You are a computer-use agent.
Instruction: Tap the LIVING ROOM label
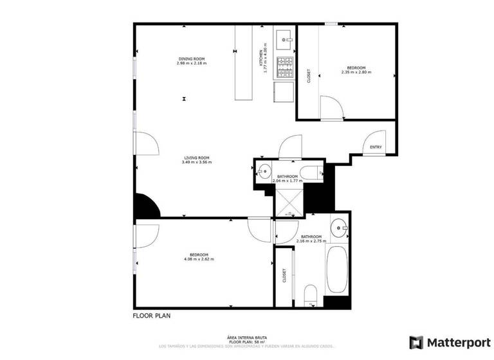click(x=197, y=158)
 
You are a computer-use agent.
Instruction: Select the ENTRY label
click(x=376, y=147)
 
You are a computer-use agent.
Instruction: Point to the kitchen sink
click(x=284, y=40)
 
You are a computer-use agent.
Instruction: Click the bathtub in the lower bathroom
click(x=338, y=269)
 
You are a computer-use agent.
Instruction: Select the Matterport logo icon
click(x=416, y=342)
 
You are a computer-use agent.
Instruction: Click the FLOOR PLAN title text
click(x=152, y=316)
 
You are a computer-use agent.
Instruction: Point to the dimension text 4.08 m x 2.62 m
click(x=199, y=259)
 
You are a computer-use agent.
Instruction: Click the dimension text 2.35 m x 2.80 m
click(x=356, y=72)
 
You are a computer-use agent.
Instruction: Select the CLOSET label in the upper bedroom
click(x=309, y=76)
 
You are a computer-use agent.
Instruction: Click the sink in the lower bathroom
click(x=339, y=227)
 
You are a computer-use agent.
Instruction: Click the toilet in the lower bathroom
click(x=311, y=294)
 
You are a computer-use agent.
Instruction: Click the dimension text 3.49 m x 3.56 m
click(x=197, y=162)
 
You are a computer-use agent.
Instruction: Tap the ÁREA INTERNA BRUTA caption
click(x=247, y=337)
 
